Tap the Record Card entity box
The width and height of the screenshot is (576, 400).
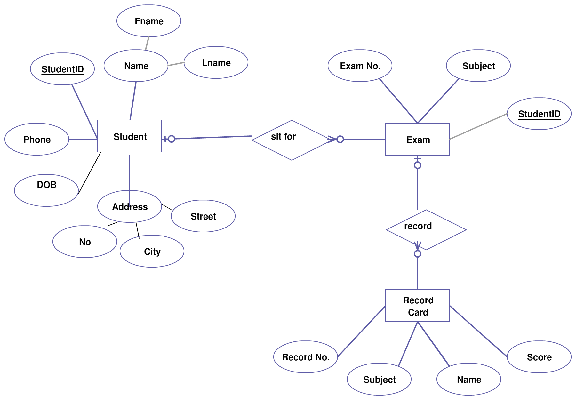(417, 306)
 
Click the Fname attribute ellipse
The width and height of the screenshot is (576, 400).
(149, 21)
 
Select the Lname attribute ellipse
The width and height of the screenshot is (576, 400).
(216, 62)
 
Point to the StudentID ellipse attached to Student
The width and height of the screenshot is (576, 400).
(62, 69)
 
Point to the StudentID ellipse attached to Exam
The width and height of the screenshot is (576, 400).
(539, 114)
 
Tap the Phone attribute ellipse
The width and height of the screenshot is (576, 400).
(37, 139)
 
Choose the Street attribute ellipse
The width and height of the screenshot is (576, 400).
(203, 216)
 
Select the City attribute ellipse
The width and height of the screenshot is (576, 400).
(152, 251)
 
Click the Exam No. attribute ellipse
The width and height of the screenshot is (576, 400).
(360, 66)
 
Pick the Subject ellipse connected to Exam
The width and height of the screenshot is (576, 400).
(478, 66)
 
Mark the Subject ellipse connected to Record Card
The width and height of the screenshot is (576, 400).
(379, 379)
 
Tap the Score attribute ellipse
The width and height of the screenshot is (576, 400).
(539, 357)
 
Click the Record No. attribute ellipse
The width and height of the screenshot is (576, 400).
(306, 357)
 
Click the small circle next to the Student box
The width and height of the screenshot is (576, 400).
(172, 139)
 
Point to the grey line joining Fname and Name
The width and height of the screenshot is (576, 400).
(147, 43)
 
